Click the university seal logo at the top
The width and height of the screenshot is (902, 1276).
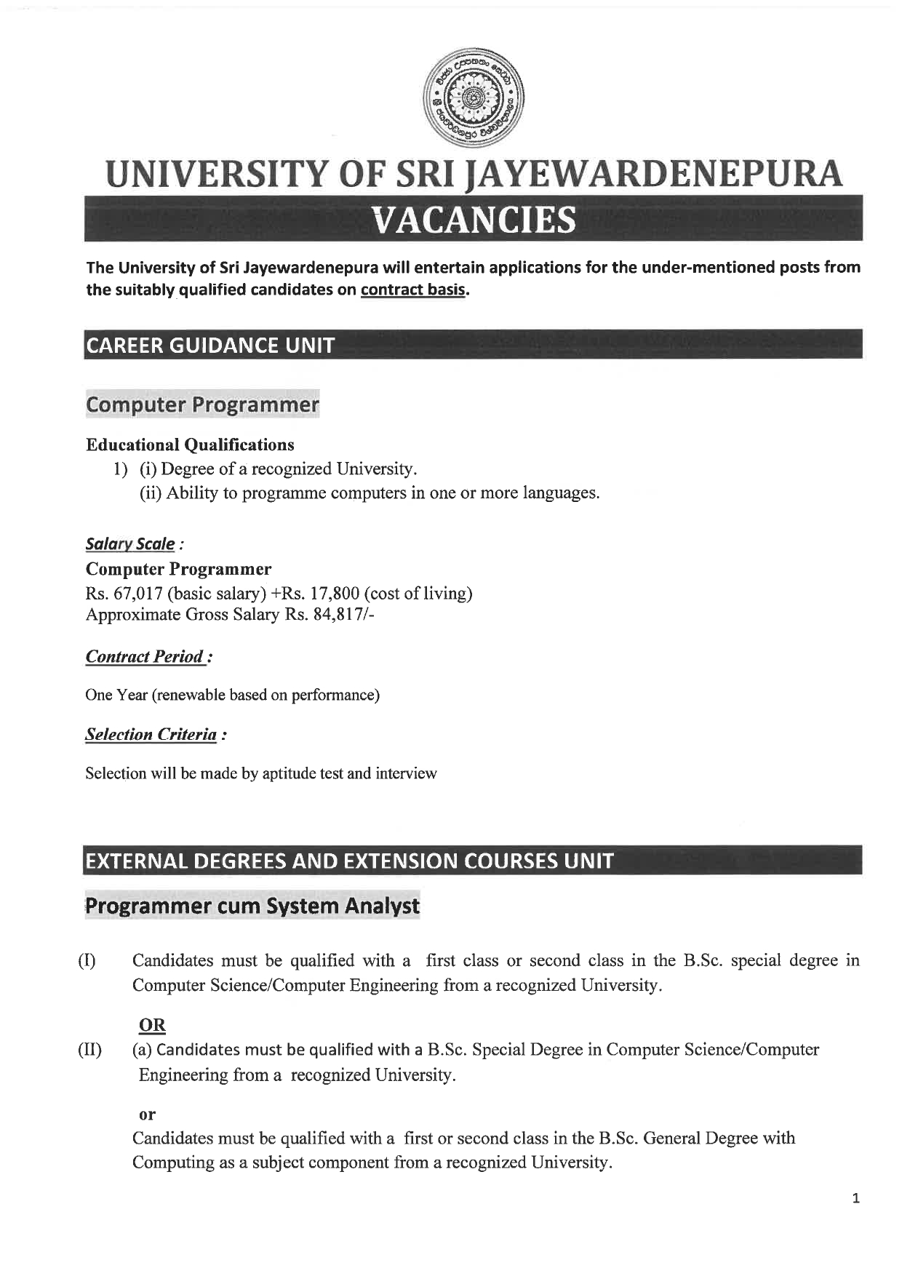pos(474,96)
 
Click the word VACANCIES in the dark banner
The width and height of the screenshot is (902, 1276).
pos(474,220)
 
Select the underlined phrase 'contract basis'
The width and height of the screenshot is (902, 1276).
pos(413,290)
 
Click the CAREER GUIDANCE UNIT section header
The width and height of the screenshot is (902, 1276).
pos(210,345)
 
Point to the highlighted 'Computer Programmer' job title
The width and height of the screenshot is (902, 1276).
pos(202,404)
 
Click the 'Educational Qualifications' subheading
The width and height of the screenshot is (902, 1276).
pos(190,444)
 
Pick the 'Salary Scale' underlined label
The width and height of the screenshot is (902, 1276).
pos(130,544)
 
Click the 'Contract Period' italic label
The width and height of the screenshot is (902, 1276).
pos(145,657)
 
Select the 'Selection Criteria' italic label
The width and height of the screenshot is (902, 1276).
pos(151,735)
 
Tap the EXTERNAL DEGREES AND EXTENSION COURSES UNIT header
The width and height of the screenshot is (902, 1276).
pos(349,861)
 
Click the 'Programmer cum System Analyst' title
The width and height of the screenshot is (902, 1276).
pos(252,906)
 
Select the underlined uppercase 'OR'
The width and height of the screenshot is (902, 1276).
pos(152,1025)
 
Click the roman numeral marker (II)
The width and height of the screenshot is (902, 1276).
pos(89,1050)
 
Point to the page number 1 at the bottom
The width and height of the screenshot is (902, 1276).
pos(855,1198)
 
